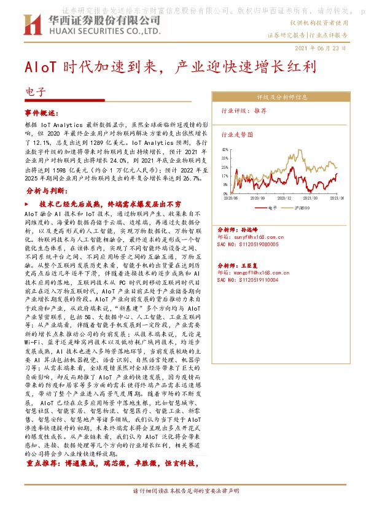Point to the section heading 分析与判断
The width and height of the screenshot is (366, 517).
[47, 191]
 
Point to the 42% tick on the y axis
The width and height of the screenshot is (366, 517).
[225, 149]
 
